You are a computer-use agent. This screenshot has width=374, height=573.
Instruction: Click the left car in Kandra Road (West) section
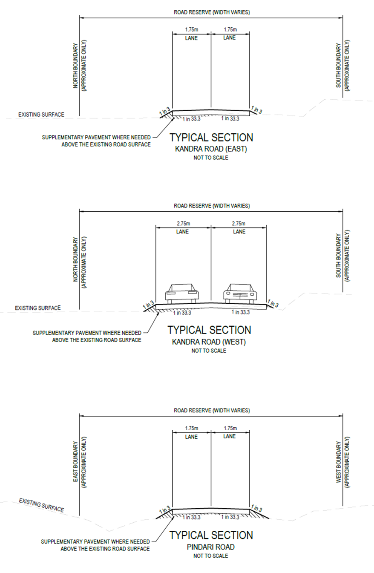tap(182, 293)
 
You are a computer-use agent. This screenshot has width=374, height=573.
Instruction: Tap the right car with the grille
tap(241, 293)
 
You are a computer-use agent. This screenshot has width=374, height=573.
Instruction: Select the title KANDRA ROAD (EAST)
tap(211, 149)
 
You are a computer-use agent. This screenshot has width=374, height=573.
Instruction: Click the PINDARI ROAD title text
tap(211, 547)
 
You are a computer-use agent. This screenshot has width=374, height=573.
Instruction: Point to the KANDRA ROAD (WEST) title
tap(209, 342)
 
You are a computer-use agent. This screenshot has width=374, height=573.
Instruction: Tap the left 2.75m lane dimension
tap(183, 223)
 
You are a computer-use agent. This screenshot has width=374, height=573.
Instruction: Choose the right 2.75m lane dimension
tap(239, 223)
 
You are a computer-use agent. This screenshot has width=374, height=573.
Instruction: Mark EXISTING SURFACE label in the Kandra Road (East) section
tap(41, 115)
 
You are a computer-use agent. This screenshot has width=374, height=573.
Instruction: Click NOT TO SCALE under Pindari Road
tap(211, 556)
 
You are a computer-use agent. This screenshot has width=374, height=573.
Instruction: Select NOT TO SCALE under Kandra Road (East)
tap(211, 158)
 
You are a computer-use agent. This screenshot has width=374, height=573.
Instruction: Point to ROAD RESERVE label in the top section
tap(212, 12)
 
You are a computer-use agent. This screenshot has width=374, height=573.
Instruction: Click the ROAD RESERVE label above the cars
tap(212, 206)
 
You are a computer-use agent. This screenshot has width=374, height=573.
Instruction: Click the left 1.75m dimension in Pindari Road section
tap(192, 428)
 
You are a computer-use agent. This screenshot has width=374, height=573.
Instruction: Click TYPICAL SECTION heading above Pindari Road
tap(211, 536)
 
